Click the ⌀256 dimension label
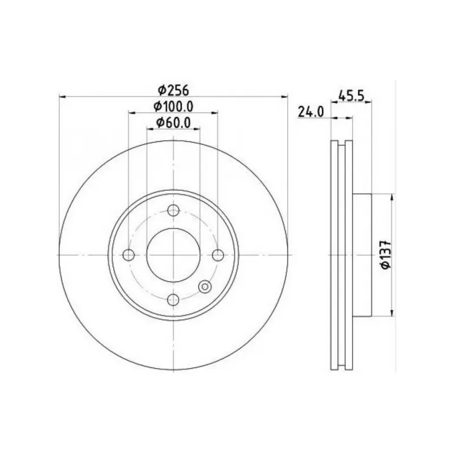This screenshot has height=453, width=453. click(173, 91)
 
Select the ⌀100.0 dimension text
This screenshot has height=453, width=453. click(173, 106)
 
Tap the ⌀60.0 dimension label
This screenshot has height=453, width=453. click(173, 123)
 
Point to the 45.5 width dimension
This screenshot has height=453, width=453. click(351, 96)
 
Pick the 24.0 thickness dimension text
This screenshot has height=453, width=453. click(311, 112)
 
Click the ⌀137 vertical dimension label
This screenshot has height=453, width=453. click(386, 254)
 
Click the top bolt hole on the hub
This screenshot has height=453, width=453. click(173, 210)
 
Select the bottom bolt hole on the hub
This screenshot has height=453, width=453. click(173, 300)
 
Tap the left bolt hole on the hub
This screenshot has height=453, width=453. click(129, 255)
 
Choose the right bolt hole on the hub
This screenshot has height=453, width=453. click(218, 255)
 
